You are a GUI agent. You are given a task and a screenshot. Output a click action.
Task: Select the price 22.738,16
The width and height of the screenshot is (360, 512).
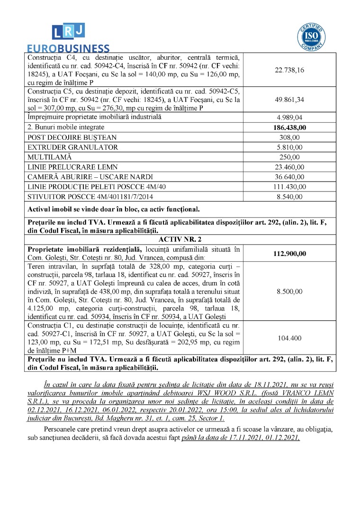(289, 70)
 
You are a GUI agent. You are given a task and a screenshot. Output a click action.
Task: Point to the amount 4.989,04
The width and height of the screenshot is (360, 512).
(289, 118)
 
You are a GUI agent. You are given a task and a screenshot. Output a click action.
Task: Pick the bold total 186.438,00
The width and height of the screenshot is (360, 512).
(289, 128)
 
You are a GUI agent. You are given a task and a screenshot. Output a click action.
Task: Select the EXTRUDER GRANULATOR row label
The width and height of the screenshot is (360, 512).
(73, 147)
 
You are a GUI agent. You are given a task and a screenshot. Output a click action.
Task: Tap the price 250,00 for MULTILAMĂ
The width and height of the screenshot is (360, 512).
(289, 157)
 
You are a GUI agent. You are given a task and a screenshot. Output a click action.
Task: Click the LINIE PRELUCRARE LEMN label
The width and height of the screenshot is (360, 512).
(72, 167)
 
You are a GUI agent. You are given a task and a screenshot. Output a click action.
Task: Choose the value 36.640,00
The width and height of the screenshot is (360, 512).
(289, 177)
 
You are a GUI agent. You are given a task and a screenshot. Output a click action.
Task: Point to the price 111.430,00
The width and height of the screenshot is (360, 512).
(289, 187)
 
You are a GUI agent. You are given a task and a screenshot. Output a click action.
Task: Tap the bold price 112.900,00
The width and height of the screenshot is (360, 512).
(289, 254)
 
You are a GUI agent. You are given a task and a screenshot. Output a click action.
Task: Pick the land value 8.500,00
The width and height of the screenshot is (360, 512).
(289, 292)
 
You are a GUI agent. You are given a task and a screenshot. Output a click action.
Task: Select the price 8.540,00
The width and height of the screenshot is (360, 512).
(289, 197)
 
